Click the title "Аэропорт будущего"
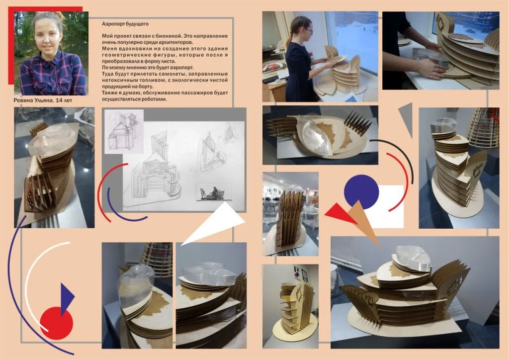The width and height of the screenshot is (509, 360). point(125,24)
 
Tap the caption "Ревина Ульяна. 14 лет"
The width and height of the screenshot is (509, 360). point(43,100)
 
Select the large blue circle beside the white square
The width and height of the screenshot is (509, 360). point(361,192)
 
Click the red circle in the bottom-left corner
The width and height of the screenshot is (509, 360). point(57,323)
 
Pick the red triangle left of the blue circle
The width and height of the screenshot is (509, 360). point(340,214)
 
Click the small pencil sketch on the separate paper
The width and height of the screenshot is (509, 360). point(124,131)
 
